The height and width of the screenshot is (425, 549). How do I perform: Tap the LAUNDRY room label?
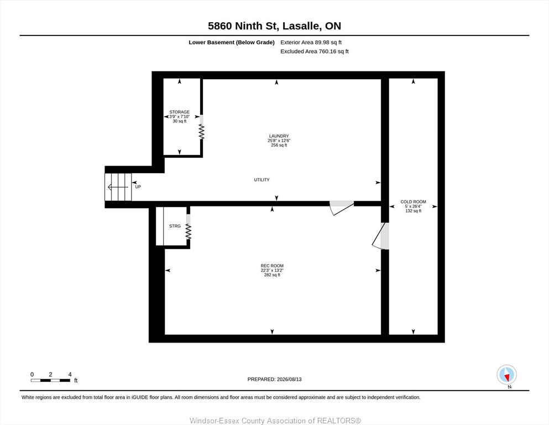279,136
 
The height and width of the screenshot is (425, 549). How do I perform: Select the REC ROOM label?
272,266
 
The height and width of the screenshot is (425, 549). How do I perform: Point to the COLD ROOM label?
413,202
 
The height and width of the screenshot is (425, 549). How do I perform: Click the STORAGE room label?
179,112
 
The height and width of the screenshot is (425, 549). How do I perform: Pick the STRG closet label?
175,226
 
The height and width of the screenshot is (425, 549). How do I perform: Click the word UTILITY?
262,180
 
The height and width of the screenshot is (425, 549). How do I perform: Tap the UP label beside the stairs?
138,186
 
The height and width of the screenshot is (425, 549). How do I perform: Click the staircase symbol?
118,187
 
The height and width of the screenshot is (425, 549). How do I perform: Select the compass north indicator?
506,375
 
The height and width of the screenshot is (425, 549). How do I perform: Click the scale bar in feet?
50,380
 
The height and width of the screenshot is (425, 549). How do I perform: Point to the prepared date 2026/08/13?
274,379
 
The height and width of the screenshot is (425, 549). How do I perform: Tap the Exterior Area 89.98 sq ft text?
311,43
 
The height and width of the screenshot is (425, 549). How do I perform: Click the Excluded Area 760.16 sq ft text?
315,51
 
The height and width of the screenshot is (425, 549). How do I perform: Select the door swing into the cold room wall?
380,236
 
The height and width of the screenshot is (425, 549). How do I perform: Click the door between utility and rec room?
342,208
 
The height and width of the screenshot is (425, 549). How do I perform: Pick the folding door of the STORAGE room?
201,127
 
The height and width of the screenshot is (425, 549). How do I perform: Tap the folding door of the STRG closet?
189,227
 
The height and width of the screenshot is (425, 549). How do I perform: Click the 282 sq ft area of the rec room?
272,275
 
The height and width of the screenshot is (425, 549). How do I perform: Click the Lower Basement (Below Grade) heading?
232,43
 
